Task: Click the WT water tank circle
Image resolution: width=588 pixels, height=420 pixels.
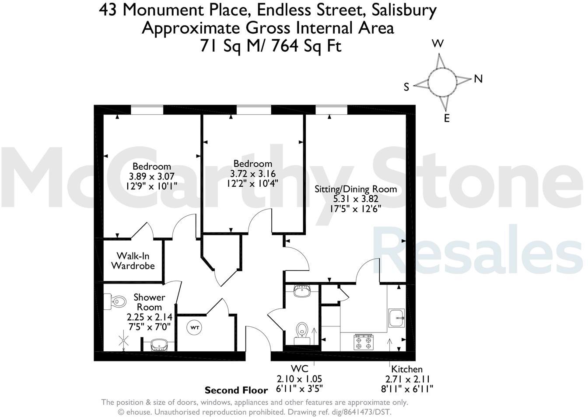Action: [x=194, y=327]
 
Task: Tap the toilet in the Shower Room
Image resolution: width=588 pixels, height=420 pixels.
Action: [x=115, y=301]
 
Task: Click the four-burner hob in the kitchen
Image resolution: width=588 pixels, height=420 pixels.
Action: [x=363, y=342]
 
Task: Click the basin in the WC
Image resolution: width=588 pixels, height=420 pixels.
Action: [x=302, y=291]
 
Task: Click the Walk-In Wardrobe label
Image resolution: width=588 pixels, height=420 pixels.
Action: [x=133, y=261]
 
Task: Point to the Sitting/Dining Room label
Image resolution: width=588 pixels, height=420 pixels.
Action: [x=356, y=189]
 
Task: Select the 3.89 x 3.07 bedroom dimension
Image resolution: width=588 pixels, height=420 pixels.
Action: [x=151, y=176]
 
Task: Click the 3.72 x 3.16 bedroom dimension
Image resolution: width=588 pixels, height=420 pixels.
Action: [x=252, y=173]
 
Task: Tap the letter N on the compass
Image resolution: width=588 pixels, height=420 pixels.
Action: [x=478, y=79]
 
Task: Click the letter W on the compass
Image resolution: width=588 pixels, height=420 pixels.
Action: [x=438, y=43]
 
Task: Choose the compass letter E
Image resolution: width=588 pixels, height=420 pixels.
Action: [x=447, y=118]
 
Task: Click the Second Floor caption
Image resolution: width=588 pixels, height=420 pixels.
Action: [x=236, y=390]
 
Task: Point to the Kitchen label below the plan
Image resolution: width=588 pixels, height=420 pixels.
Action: [x=407, y=369]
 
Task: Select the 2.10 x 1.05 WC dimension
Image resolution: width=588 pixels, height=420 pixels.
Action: [x=299, y=379]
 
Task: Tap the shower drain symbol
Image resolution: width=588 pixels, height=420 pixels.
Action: [x=125, y=340]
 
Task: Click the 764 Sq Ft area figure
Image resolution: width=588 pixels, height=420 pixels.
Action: [x=306, y=45]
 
